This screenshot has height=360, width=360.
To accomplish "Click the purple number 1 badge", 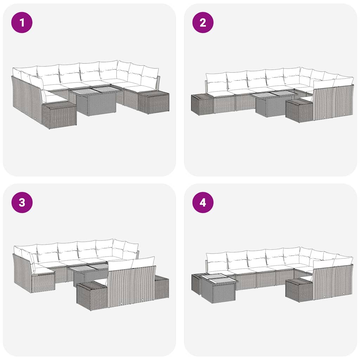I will [22, 22].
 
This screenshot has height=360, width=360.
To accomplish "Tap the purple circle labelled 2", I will [203, 22].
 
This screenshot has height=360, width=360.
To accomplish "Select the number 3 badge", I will [22, 202].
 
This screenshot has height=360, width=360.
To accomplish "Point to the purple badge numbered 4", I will [203, 202].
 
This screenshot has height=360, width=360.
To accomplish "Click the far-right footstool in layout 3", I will [162, 287].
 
